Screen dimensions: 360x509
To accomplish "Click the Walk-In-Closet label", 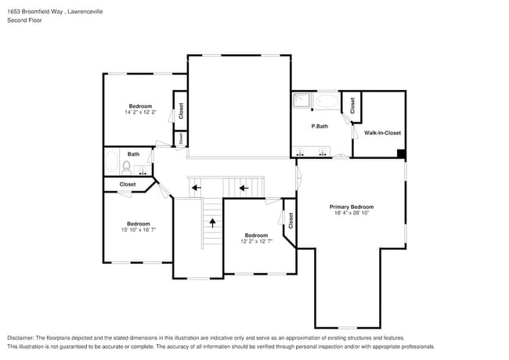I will coord(382,133).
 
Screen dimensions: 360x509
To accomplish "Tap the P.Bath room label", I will coord(319,126).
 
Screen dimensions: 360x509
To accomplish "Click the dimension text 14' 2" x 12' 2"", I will coord(140,113).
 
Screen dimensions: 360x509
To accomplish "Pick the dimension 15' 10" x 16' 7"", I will coord(138,229).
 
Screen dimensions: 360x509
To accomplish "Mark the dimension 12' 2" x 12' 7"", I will coord(256,241).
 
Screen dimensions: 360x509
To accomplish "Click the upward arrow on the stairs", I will coord(211,222).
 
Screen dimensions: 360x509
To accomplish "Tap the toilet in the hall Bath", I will coord(127,167).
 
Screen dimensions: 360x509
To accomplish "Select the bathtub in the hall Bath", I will coord(111,165).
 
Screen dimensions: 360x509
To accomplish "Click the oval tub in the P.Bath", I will coord(327,101).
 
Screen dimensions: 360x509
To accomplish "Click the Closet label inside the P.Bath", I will coord(352,105).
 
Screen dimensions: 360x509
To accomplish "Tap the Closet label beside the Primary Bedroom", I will coord(290,221).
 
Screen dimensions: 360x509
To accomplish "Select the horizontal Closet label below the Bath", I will coord(127,185).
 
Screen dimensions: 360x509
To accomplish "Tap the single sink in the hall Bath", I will coord(143,169).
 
